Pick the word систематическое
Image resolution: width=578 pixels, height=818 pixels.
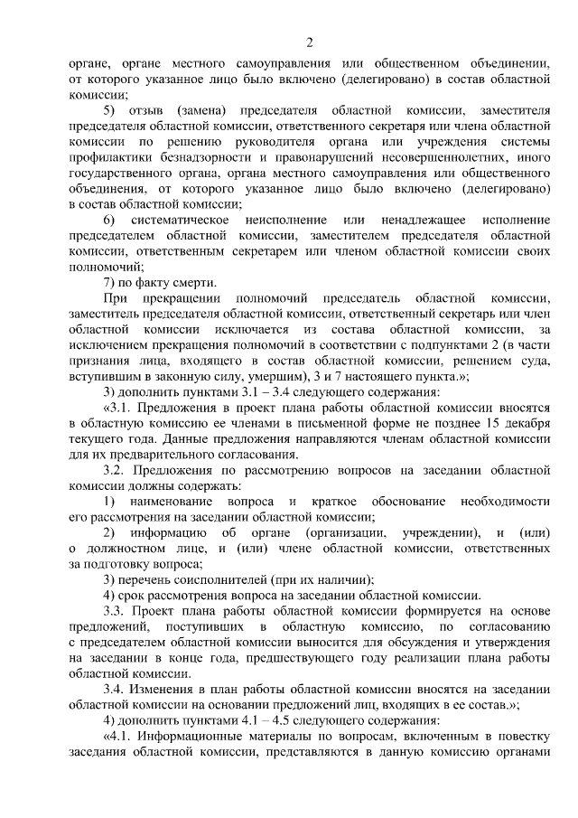177,221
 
